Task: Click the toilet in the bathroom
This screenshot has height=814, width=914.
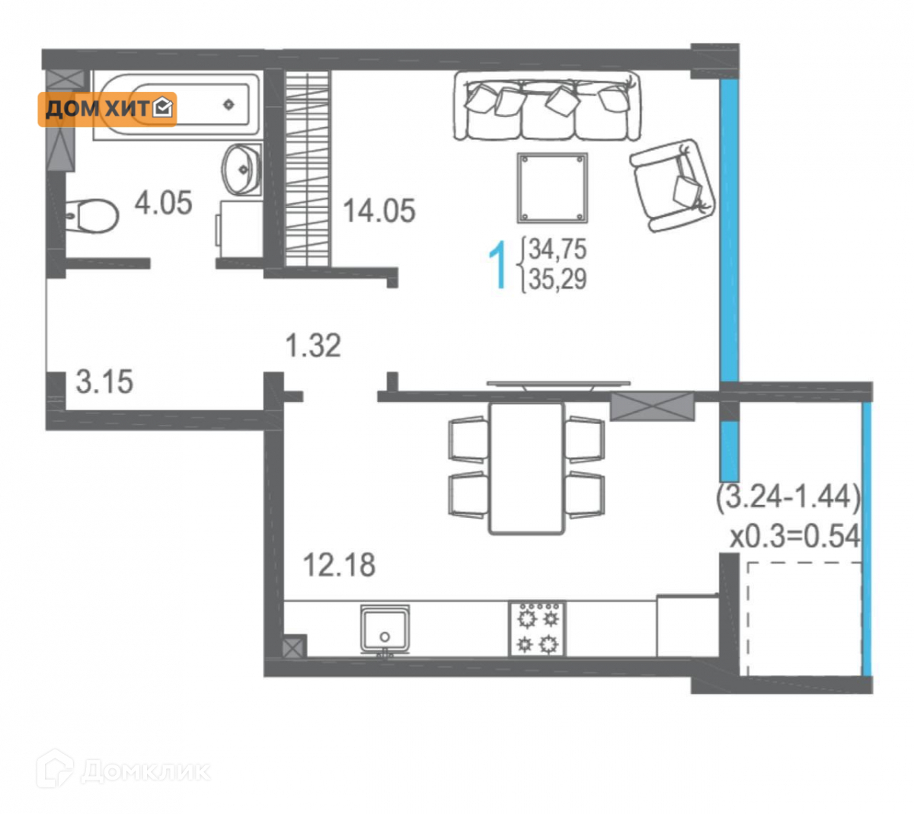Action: (91, 215)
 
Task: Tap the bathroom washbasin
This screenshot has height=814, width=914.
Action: (241, 170)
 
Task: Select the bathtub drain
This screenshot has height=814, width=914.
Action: (228, 104)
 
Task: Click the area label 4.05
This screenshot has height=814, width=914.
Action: (163, 203)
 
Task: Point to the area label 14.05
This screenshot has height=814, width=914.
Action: (379, 211)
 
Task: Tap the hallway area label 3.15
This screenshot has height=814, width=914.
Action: (104, 381)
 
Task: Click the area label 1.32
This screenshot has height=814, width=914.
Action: (313, 346)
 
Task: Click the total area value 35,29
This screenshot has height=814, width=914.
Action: (558, 279)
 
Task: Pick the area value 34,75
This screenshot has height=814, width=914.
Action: (558, 249)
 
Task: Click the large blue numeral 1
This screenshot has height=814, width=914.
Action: (497, 265)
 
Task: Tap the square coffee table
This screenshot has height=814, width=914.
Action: (552, 187)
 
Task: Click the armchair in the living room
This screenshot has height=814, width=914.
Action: (673, 185)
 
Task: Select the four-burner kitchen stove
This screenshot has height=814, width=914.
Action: (537, 629)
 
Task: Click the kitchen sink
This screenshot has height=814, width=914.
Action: (385, 629)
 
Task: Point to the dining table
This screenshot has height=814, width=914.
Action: (526, 468)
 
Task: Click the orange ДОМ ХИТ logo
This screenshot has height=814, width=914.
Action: (107, 110)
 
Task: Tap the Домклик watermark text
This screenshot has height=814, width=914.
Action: (145, 771)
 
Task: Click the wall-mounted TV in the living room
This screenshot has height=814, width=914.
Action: (558, 385)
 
